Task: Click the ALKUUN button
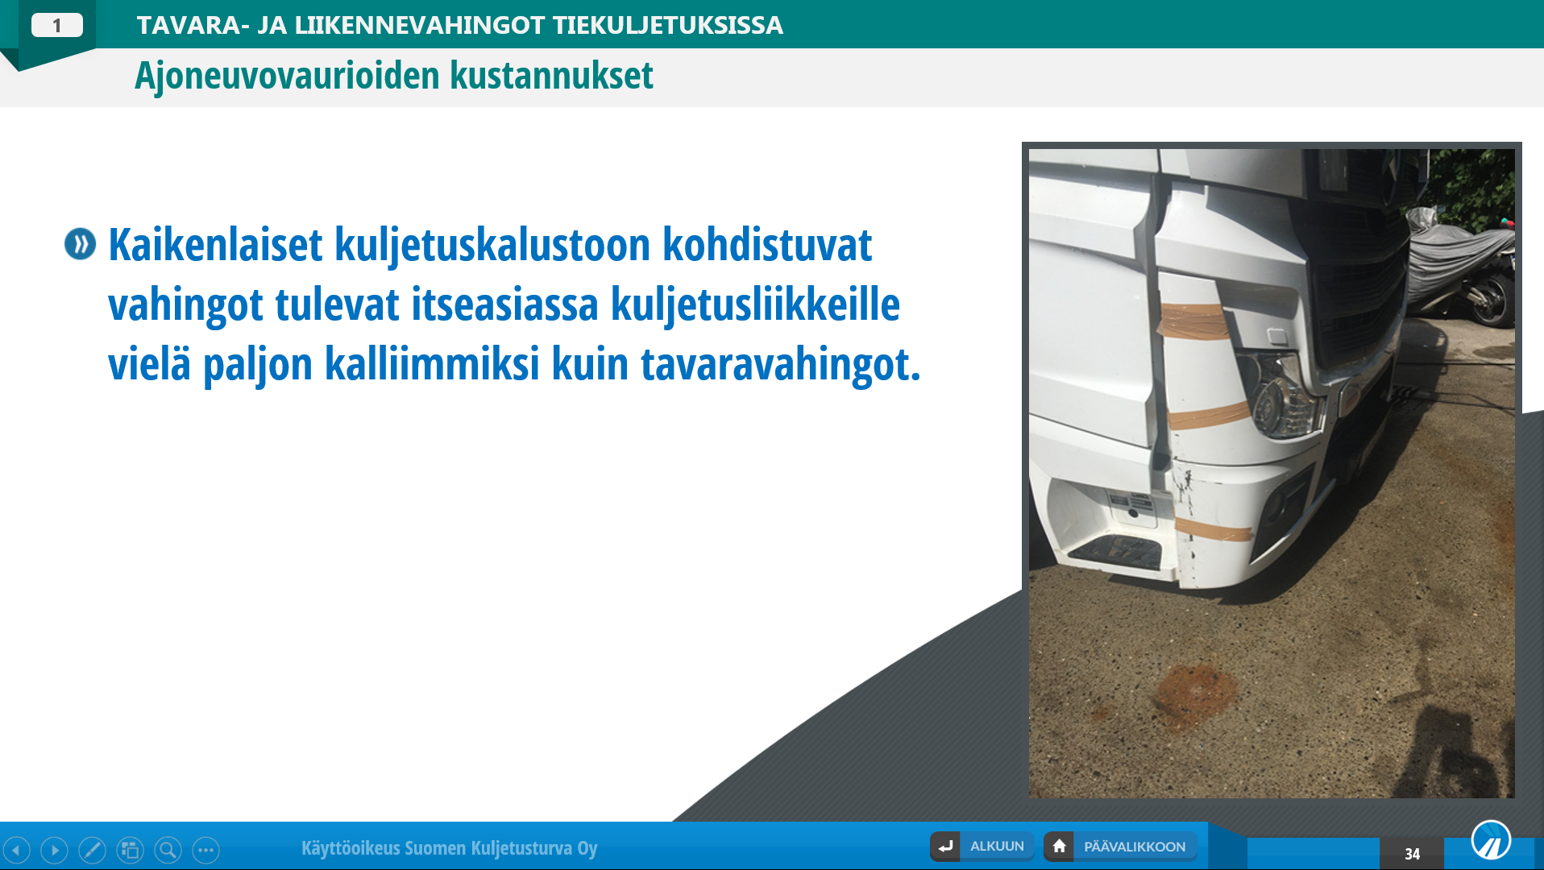click(982, 847)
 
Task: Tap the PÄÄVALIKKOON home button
click(1121, 847)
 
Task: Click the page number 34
click(1412, 854)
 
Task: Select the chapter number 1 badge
click(57, 26)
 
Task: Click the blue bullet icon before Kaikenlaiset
click(81, 244)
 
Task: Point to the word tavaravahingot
click(780, 365)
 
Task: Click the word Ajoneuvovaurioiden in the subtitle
click(288, 76)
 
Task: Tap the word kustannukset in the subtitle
click(551, 76)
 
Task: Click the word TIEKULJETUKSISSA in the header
click(667, 25)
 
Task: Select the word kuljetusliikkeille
click(755, 305)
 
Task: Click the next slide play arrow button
click(55, 850)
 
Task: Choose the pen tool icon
click(92, 850)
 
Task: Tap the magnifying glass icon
click(168, 850)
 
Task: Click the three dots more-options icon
click(205, 850)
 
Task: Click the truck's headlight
click(1285, 395)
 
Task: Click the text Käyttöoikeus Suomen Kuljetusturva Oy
click(450, 848)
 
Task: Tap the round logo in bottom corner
click(1491, 840)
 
